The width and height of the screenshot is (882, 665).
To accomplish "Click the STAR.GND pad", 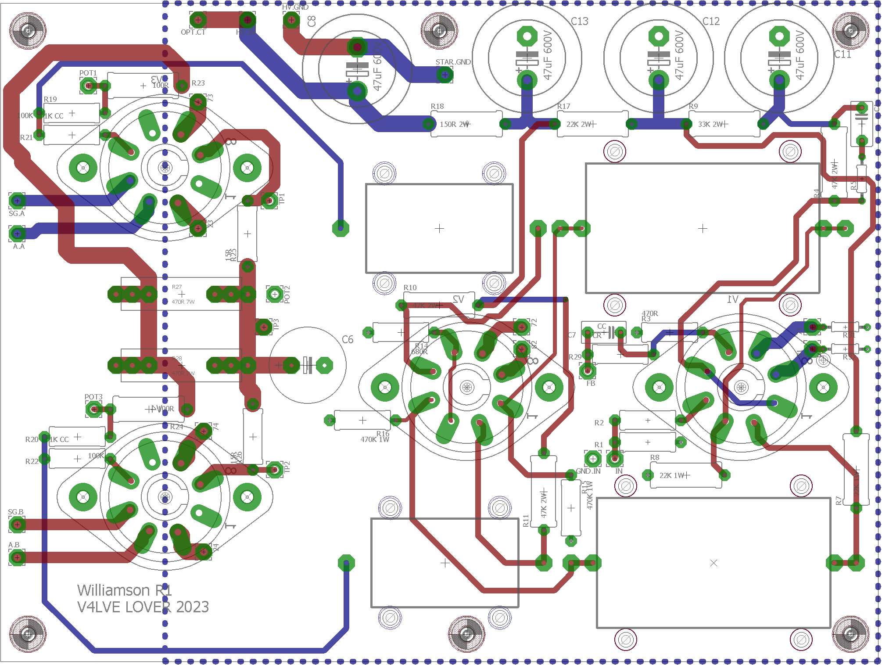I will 445,75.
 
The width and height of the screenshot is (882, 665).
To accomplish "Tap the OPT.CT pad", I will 198,20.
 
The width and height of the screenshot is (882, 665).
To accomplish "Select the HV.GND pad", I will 291,20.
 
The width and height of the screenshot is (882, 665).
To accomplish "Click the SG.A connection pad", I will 17,201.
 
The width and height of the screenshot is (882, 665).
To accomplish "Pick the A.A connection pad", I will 17,234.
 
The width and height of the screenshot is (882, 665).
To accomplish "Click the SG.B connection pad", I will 17,524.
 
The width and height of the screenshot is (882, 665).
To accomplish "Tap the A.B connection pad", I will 17,557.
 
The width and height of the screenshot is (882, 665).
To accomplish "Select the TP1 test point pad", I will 269,201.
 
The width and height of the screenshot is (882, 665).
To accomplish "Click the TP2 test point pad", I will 275,470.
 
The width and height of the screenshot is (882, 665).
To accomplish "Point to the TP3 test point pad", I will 264,327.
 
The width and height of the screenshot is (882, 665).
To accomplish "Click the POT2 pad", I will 275,294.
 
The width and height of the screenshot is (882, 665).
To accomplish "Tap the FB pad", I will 588,371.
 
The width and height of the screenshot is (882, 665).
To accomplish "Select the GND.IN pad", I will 593,459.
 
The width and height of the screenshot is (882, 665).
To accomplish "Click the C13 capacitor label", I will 579,21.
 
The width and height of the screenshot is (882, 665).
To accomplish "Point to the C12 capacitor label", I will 711,21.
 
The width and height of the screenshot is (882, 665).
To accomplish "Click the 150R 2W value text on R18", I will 455,124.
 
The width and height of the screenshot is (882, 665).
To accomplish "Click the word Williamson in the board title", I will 113,590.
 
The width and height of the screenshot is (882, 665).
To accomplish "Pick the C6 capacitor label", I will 348,339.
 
